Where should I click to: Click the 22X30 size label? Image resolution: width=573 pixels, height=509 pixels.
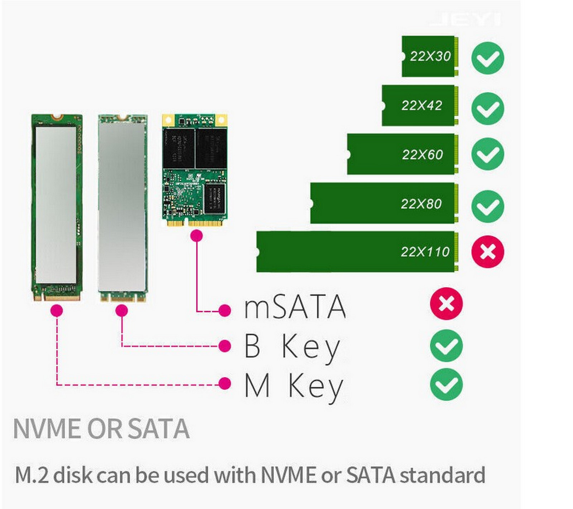[x=430, y=56]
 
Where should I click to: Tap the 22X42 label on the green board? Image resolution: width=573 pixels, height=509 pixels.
[x=422, y=106]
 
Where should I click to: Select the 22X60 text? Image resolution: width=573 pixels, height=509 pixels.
[x=422, y=155]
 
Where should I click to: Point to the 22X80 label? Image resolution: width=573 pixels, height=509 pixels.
[x=421, y=204]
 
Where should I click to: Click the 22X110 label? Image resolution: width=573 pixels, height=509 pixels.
[x=425, y=252]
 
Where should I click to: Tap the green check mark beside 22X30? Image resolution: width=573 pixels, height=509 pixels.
[x=487, y=58]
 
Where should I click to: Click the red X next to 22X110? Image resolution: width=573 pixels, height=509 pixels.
[x=487, y=252]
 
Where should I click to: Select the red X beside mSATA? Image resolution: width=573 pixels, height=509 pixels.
[x=446, y=304]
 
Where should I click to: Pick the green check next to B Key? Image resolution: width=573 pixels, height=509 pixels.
[x=446, y=345]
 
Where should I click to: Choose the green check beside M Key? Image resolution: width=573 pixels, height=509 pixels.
[x=446, y=384]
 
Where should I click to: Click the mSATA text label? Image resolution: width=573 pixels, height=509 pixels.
[x=295, y=307]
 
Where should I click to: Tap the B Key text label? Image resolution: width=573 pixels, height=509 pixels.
[x=292, y=346]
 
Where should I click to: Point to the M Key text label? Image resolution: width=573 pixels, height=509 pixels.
[x=294, y=386]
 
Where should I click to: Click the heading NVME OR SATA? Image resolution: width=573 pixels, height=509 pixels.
[x=101, y=428]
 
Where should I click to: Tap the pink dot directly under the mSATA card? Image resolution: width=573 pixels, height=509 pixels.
[x=197, y=236]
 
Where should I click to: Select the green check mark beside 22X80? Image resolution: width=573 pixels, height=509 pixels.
[x=487, y=207]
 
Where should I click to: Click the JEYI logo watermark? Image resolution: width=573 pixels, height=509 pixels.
[x=465, y=20]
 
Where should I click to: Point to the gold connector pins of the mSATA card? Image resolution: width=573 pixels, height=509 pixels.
[x=195, y=223]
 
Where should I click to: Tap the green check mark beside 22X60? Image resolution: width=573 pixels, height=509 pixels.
[x=487, y=154]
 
